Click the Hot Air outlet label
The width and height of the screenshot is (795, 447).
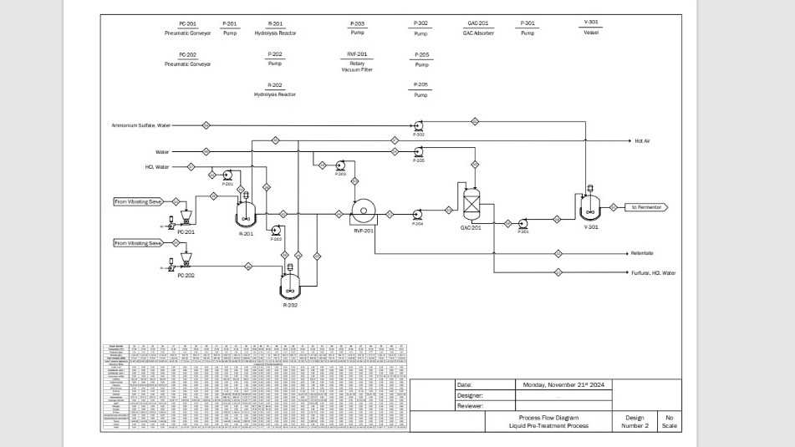(642, 141)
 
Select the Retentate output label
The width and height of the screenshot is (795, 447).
(642, 253)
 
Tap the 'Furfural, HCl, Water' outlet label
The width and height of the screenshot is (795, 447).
(654, 273)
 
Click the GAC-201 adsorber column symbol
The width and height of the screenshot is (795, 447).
(471, 201)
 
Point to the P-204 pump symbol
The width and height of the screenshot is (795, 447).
(417, 215)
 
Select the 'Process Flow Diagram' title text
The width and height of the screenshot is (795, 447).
(548, 417)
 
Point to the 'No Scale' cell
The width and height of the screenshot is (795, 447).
(669, 421)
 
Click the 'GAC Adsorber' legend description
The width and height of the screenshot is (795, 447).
(478, 33)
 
